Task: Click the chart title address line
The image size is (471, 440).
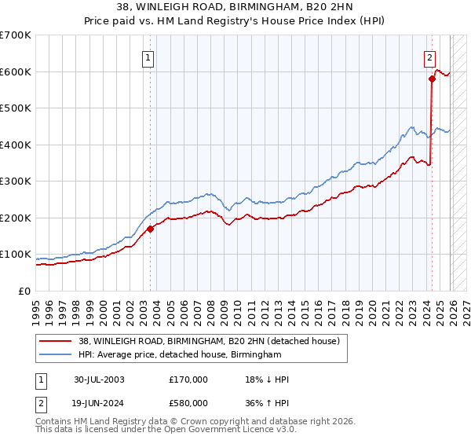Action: pos(235,8)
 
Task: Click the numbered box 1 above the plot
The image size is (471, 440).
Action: pos(148,57)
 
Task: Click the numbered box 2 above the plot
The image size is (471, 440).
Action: pos(430,57)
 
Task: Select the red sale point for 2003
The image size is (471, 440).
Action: pos(151,229)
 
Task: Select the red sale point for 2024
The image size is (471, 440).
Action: pos(432,79)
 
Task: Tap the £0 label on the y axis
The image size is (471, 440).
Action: pos(24,291)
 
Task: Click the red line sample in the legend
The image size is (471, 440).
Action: pos(56,341)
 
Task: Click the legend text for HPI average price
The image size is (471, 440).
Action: pos(180,355)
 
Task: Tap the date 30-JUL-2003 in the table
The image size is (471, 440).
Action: pos(99,379)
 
